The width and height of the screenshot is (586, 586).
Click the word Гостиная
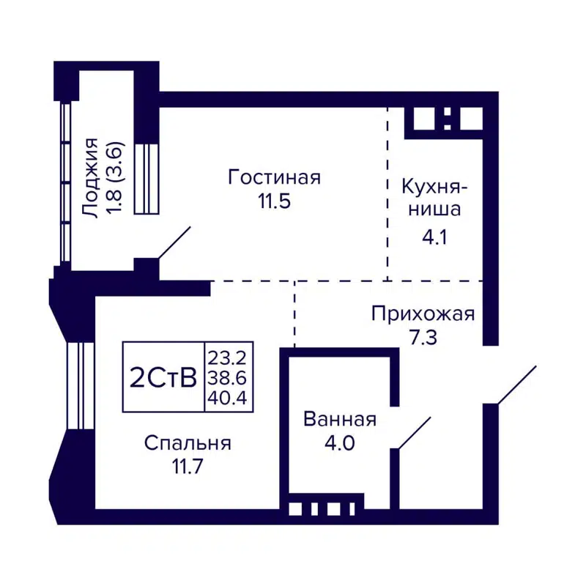275,177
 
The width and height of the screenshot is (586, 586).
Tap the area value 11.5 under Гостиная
274,201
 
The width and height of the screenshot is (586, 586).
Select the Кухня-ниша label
430,198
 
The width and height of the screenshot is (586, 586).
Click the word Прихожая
423,315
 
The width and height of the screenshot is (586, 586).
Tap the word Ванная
339,420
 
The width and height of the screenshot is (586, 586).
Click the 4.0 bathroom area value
339,443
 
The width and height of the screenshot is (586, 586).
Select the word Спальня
188,442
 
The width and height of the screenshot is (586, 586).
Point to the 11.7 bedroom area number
187,467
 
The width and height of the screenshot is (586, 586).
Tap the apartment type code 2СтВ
163,378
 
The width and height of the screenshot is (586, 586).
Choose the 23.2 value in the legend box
228,358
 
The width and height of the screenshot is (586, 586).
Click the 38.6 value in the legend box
228,378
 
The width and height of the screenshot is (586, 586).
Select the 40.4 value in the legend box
228,398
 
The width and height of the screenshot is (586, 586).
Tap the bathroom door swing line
412,432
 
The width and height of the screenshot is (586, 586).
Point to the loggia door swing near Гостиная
174,242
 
